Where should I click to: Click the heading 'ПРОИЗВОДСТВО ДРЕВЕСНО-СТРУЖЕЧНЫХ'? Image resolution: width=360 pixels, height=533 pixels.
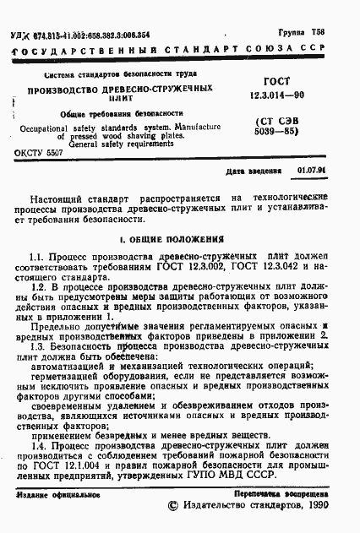117,89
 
